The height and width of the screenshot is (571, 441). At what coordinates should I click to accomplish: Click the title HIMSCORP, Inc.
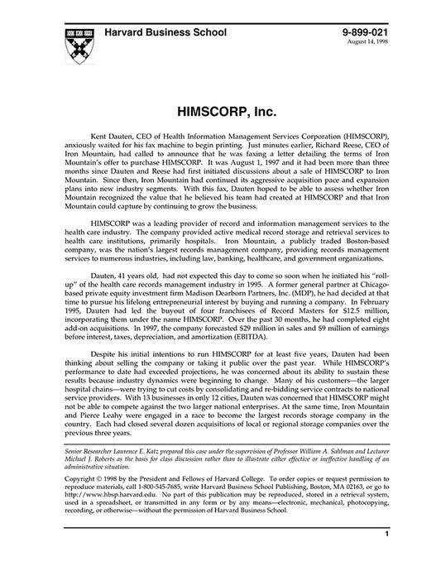click(220, 110)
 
